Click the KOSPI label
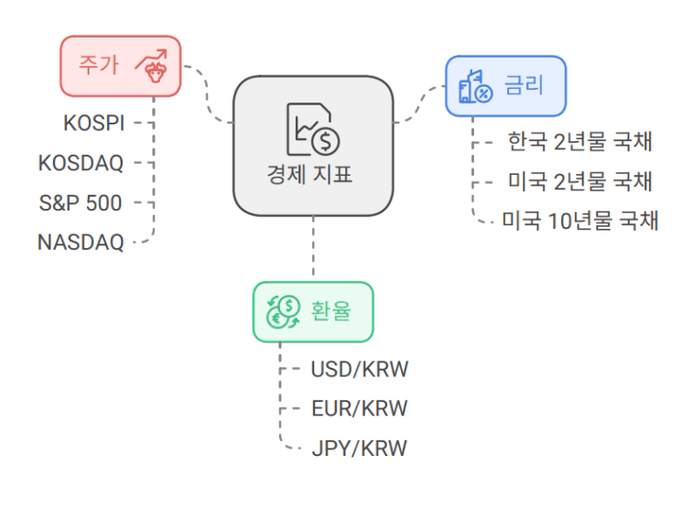tap(94, 123)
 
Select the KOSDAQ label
tap(81, 163)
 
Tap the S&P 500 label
tap(81, 203)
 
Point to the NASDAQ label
tap(81, 243)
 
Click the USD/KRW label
tap(360, 369)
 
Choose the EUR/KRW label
tap(360, 408)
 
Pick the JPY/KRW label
tap(359, 448)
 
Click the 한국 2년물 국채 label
tap(580, 141)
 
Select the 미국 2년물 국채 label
tap(580, 181)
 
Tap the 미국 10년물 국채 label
tap(580, 221)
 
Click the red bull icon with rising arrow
tap(152, 66)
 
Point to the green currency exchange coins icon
tap(283, 311)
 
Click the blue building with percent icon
tap(475, 86)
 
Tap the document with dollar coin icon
tap(313, 129)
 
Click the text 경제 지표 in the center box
tap(309, 175)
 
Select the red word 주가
tap(99, 65)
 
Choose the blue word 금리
tap(525, 85)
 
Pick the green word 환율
tap(331, 310)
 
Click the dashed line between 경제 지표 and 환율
tap(313, 245)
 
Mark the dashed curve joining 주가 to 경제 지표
tap(207, 95)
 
